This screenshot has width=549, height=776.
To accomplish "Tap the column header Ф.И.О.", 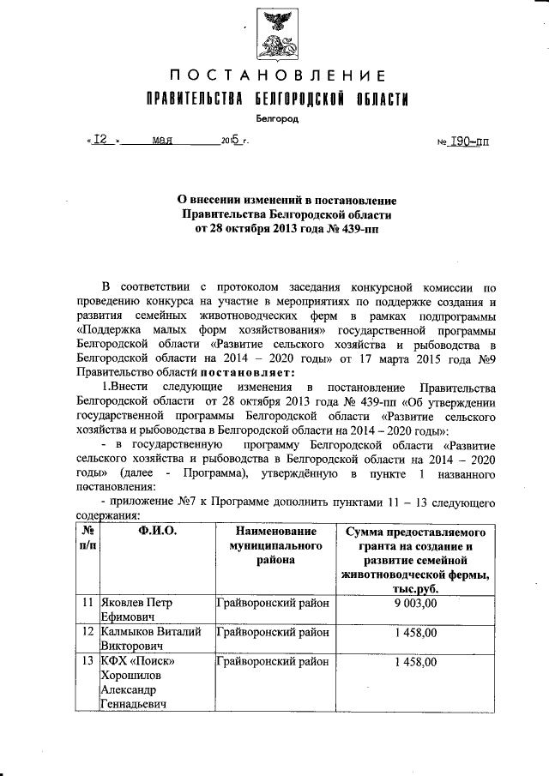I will click(156, 531).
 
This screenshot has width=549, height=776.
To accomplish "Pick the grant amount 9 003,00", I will click(416, 603).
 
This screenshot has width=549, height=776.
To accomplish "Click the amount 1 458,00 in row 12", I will click(416, 633).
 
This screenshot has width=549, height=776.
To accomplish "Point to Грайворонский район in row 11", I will click(273, 603).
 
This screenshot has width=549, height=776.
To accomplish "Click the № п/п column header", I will click(87, 538).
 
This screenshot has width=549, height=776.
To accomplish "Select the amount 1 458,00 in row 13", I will click(416, 662).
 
